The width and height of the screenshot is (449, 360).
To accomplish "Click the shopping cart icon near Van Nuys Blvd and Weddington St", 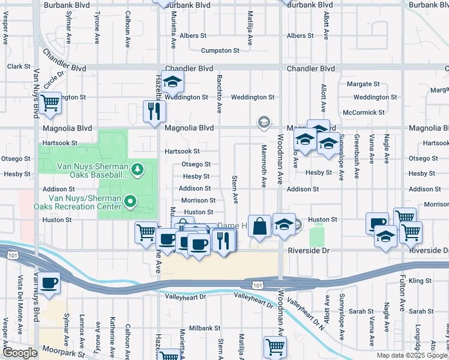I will click(x=50, y=103).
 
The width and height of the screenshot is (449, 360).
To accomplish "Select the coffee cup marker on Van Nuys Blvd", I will click(x=50, y=283).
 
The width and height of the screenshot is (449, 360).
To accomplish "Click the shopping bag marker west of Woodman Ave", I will click(x=259, y=226).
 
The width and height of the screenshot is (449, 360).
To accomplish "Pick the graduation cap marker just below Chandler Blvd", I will click(x=172, y=82).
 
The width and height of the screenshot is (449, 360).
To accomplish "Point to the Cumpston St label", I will click(x=220, y=51).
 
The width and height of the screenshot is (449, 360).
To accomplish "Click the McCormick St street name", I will click(x=363, y=112).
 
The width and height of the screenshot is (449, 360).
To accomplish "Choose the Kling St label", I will click(x=420, y=281).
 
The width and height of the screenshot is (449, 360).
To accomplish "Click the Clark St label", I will click(x=18, y=67).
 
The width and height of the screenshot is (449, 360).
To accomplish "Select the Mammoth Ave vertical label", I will click(x=263, y=166).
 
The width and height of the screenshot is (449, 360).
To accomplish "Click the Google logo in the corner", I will click(x=20, y=353).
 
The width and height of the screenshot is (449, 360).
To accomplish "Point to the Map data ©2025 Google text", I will click(x=411, y=355).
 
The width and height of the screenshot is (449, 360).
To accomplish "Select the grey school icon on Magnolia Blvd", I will click(x=263, y=122).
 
